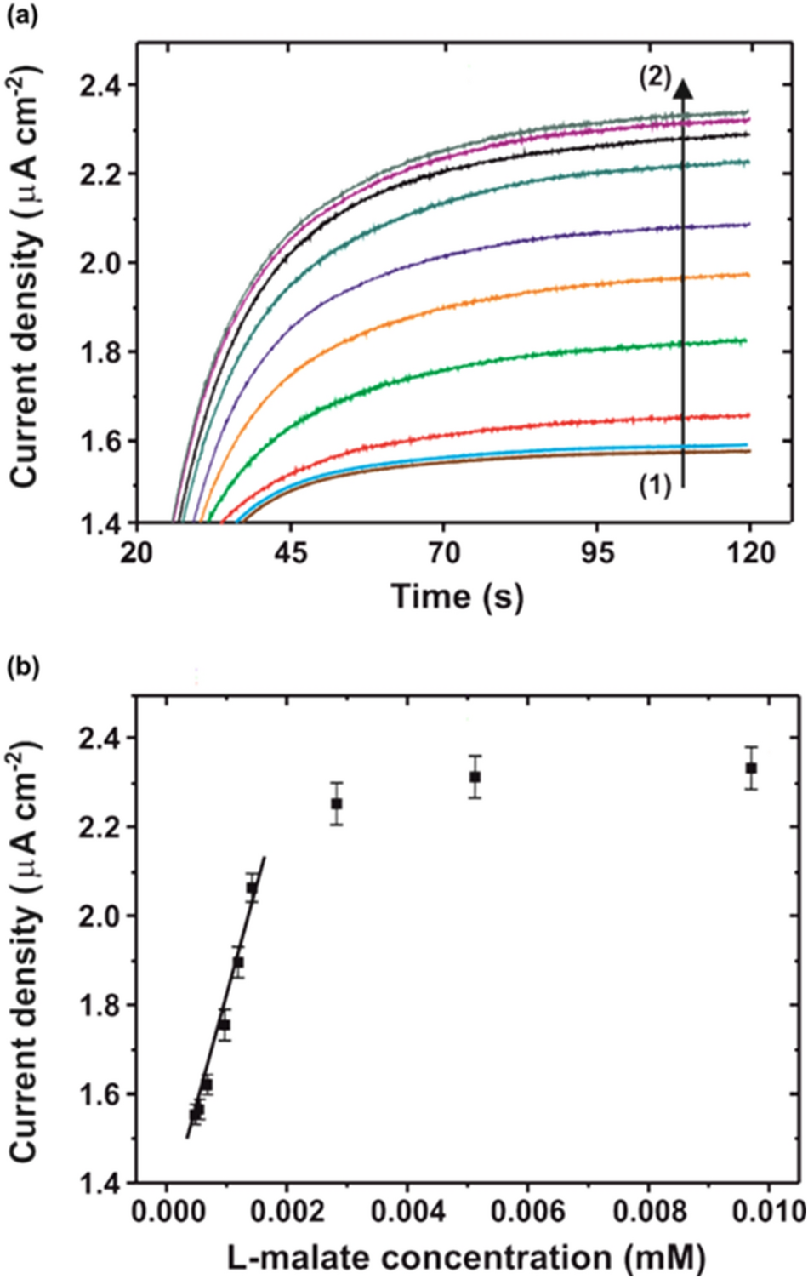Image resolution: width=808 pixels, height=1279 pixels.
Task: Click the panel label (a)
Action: click(22, 16)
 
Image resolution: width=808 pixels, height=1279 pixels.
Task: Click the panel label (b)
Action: click(22, 668)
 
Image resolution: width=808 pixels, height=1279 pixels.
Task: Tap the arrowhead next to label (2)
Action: click(683, 86)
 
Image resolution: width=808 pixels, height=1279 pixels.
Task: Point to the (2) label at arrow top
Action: click(655, 77)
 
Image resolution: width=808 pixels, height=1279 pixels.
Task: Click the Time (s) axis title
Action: click(457, 597)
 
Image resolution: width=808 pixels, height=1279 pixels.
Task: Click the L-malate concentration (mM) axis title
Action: click(466, 1257)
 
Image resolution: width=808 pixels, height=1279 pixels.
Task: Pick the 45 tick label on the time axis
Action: click(290, 553)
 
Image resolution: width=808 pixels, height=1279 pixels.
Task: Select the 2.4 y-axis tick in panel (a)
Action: click(101, 86)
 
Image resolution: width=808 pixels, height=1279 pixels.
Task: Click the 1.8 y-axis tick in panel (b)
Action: click(101, 1005)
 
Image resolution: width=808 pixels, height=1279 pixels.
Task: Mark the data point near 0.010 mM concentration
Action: click(751, 768)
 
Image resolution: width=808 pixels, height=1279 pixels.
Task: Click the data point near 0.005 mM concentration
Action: click(475, 777)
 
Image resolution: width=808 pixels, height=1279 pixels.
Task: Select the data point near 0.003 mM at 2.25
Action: click(337, 803)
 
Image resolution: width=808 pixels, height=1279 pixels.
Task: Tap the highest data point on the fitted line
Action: click(252, 888)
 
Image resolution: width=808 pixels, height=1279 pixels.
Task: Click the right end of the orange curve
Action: click(748, 275)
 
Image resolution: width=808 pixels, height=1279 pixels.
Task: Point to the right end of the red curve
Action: click(748, 415)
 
